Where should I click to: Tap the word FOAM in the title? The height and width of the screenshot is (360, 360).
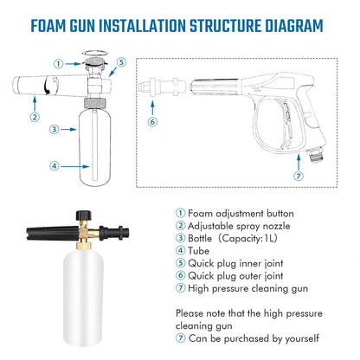point(48,26)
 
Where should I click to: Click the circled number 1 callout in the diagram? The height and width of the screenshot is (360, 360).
point(59,64)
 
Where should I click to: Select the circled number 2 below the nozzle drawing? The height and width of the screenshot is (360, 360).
point(35,117)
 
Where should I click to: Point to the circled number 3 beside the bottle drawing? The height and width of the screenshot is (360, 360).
point(55,129)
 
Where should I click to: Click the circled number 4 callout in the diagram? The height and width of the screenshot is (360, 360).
point(55,166)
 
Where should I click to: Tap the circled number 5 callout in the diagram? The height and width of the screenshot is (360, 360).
point(121,62)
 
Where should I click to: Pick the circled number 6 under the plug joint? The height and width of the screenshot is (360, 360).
point(152,122)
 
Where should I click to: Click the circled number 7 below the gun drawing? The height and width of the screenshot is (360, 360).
point(299,176)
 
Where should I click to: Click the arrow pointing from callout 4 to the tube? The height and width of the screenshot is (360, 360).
point(74,166)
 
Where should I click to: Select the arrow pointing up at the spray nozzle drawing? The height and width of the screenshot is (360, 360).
point(35,104)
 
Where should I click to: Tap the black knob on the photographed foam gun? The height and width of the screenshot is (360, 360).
point(84,215)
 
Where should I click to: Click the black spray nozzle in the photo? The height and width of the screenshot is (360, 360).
point(53,233)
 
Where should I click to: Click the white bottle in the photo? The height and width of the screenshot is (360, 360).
point(83,297)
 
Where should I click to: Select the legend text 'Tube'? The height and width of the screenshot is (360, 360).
point(198,251)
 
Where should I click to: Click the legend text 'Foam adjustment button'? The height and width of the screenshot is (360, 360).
point(241,214)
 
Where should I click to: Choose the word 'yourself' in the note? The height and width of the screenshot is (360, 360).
point(302,338)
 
